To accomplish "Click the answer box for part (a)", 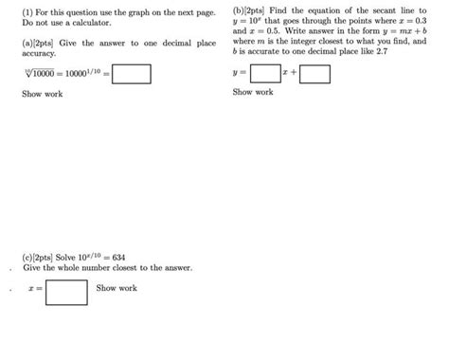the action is point(132,73).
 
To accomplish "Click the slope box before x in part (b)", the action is point(266,73).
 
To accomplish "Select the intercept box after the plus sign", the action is point(315,73).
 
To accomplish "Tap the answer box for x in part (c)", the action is point(66,289).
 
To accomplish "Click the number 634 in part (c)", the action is point(118,257).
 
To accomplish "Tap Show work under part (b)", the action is point(253,93).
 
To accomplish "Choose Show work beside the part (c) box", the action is point(117,288).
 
